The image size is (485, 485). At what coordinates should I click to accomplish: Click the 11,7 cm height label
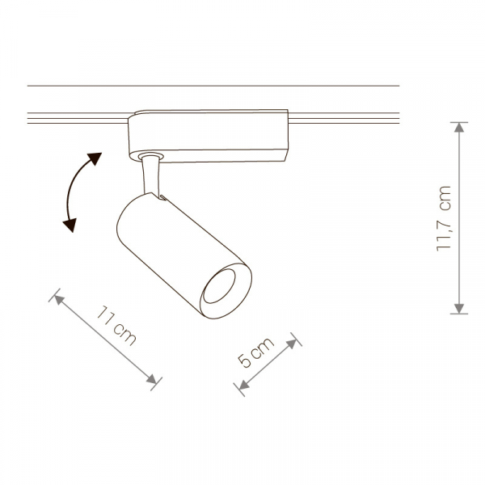click(444, 219)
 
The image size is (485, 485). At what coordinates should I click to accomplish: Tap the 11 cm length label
click(116, 326)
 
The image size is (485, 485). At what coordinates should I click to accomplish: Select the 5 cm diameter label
click(255, 352)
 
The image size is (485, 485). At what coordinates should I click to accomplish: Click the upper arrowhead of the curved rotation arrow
click(95, 159)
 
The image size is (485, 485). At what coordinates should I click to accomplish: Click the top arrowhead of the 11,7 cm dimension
click(459, 127)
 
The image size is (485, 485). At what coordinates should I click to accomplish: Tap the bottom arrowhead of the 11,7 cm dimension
click(459, 309)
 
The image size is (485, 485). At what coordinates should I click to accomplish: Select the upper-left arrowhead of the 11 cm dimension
click(58, 299)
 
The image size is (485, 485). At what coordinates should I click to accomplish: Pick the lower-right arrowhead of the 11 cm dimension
click(152, 379)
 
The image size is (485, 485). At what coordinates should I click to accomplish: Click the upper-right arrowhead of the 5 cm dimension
click(293, 344)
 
